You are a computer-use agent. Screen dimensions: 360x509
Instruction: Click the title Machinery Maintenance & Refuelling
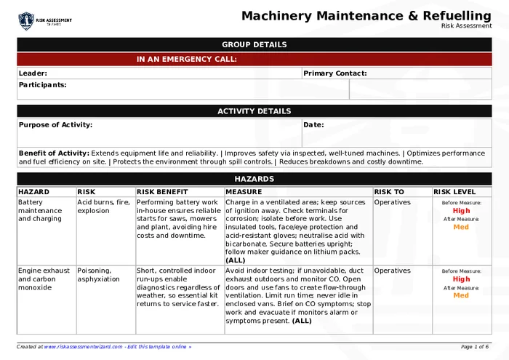click(366, 15)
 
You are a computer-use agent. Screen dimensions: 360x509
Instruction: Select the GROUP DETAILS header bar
click(254, 44)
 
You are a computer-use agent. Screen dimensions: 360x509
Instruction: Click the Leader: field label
click(33, 73)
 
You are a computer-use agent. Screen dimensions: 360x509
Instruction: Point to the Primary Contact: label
click(334, 73)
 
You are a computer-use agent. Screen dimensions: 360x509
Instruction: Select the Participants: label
click(42, 84)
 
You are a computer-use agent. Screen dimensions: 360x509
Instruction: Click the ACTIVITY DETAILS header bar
click(254, 111)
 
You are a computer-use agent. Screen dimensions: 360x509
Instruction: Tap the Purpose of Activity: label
click(55, 124)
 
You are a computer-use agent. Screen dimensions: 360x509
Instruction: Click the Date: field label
click(313, 124)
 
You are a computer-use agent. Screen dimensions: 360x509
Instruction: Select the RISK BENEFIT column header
click(162, 192)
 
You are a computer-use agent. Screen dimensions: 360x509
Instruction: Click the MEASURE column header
click(244, 192)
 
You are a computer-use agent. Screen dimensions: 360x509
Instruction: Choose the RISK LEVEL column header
click(454, 192)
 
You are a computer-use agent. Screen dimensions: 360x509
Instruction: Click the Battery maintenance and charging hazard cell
click(40, 210)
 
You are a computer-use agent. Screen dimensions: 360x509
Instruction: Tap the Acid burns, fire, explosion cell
click(103, 207)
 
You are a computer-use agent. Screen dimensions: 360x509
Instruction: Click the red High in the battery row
click(461, 210)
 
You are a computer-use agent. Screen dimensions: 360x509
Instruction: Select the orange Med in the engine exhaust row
click(461, 295)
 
